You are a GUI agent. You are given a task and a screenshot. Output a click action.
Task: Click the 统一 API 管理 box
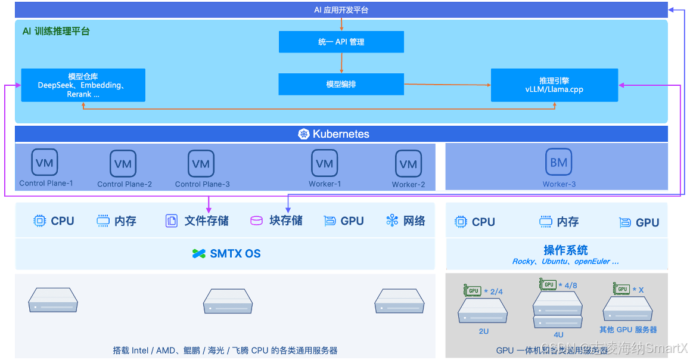coord(341,42)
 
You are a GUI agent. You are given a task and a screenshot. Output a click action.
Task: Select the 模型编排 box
coord(341,84)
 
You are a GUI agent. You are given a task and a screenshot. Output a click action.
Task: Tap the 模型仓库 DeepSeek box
coord(83,85)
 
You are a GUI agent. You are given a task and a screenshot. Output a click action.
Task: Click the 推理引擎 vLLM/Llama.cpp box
coord(554,85)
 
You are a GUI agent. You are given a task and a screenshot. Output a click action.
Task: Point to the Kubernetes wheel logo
coord(304,134)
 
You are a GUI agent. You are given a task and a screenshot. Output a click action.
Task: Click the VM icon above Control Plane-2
coord(123,163)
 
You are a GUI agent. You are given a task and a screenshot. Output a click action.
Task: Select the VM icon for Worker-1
coord(324,163)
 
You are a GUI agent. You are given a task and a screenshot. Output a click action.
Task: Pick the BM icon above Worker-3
coord(558,162)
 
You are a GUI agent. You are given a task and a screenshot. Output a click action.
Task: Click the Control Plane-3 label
coord(202,184)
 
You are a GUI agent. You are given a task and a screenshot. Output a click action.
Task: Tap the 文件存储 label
coord(206,221)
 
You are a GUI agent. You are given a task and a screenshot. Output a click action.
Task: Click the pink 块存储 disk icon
coord(256,221)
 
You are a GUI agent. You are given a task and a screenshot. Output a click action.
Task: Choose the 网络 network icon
coord(392,221)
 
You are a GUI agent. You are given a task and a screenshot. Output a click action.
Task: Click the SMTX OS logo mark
coord(199,254)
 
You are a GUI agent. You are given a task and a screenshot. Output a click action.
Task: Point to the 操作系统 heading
coord(565,250)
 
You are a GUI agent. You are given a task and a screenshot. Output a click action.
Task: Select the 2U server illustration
coord(483,311)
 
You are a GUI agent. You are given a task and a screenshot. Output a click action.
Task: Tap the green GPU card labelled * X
coord(621,289)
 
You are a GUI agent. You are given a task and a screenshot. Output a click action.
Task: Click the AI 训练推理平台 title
coord(56,32)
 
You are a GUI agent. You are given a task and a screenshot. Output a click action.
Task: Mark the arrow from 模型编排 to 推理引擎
coord(447,85)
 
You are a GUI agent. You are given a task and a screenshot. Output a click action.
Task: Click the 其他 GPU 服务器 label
coord(628,330)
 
